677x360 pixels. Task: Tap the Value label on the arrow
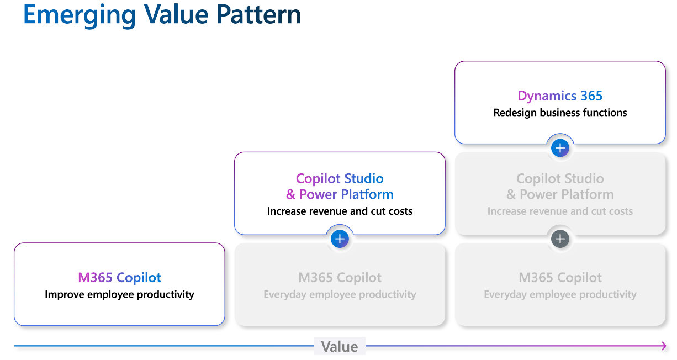click(x=340, y=347)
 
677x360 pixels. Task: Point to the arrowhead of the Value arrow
click(x=663, y=346)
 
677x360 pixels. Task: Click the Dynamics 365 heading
click(x=560, y=96)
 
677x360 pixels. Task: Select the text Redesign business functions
click(x=560, y=113)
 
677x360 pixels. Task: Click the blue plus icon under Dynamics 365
click(x=560, y=148)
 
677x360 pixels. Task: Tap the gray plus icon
click(x=560, y=239)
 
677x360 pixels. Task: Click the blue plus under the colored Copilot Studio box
click(x=340, y=239)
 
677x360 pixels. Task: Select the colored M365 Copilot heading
click(x=119, y=278)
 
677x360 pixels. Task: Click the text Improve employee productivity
click(x=119, y=294)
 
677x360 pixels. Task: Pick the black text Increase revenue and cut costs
click(x=340, y=211)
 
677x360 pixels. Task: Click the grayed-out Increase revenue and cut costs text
click(x=560, y=211)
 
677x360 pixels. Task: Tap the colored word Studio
click(x=364, y=179)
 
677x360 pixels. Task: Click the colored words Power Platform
click(x=346, y=194)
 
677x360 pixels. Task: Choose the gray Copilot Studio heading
click(x=560, y=179)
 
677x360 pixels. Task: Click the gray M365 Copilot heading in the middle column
click(x=340, y=278)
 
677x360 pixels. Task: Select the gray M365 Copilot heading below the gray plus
click(x=560, y=278)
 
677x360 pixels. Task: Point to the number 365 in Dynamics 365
click(x=591, y=96)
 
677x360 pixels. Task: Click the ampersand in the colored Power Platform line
click(x=290, y=195)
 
